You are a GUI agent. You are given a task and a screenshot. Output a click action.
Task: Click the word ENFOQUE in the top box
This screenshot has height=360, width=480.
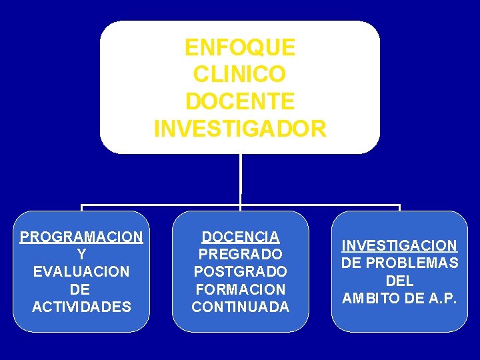click(x=240, y=48)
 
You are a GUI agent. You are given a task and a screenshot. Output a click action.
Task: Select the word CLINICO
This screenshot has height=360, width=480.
click(x=240, y=75)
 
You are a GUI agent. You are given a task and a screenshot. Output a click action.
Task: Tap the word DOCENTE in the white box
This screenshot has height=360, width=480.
click(x=240, y=101)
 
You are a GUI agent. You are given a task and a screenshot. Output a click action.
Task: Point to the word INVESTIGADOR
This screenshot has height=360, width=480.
click(x=240, y=128)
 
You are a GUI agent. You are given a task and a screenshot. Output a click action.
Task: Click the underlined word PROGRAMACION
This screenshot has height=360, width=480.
click(x=81, y=237)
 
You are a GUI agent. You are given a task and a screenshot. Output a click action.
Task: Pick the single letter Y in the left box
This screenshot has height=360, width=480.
click(x=81, y=254)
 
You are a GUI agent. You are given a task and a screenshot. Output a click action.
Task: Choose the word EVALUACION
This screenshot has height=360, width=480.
click(x=81, y=272)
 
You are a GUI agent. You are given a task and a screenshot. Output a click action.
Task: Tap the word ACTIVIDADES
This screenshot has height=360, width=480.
click(x=81, y=307)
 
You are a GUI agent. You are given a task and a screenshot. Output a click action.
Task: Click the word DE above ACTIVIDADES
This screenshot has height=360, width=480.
click(x=81, y=289)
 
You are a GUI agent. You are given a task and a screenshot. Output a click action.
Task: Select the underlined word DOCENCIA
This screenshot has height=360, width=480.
click(x=241, y=237)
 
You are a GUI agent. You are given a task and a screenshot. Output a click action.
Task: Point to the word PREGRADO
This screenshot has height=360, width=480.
click(x=241, y=254)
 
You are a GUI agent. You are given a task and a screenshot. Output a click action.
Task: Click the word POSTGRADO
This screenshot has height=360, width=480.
click(x=241, y=272)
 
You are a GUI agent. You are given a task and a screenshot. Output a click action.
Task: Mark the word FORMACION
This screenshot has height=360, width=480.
click(x=241, y=289)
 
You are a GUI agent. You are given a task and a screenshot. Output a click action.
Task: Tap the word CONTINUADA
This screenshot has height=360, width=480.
click(x=241, y=307)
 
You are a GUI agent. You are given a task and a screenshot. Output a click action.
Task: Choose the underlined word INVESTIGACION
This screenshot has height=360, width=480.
click(x=400, y=245)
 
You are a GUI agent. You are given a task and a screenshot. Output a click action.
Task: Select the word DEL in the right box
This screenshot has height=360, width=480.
click(x=400, y=281)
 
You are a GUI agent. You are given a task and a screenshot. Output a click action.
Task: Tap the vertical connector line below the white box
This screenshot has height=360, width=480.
click(x=241, y=177)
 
